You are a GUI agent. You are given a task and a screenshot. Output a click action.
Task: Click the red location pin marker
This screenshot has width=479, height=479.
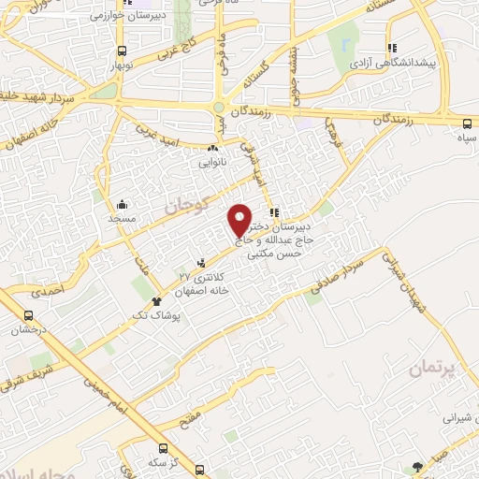(x=240, y=221)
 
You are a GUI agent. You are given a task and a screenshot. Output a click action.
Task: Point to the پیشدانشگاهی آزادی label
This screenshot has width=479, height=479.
(x=392, y=65)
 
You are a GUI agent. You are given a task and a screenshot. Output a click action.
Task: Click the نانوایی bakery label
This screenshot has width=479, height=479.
(x=211, y=160)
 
